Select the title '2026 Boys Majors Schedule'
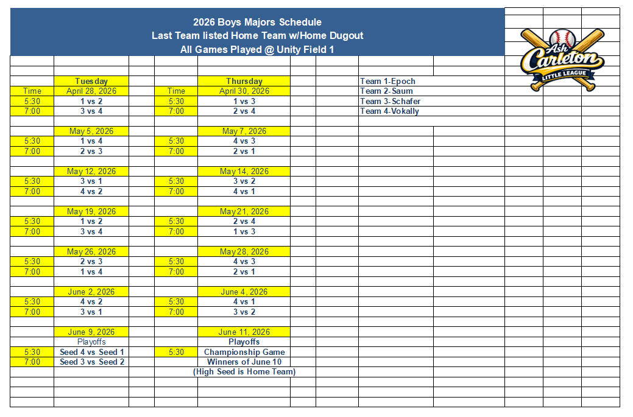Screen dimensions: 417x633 point(257,23)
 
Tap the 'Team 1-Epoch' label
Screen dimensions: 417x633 point(387,81)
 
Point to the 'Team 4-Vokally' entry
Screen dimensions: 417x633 point(389,111)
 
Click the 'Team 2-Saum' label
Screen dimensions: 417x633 point(386,91)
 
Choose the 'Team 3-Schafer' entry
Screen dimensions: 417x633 point(390,101)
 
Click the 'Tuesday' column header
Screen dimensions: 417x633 point(91,81)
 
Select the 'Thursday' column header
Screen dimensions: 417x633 point(244,81)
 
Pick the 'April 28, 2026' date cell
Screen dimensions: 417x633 point(91,91)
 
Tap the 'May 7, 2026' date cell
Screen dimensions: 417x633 point(244,131)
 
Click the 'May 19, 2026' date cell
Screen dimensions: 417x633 point(91,212)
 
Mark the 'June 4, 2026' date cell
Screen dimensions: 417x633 point(244,292)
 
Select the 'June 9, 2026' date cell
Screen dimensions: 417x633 point(91,332)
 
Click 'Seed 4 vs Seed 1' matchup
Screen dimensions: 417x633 point(91,352)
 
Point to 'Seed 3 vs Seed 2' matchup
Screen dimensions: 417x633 point(91,362)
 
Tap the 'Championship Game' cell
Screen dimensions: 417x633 point(244,352)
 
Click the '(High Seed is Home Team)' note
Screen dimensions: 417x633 point(244,372)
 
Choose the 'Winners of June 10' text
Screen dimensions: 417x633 point(244,362)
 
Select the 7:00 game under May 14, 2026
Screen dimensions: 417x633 point(244,192)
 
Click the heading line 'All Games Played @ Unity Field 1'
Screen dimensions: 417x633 point(257,50)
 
